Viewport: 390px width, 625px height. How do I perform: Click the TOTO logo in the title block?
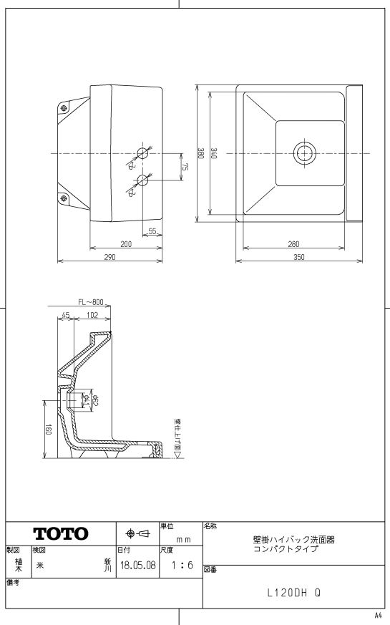[x=61, y=533]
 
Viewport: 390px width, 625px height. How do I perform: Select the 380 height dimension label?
[x=200, y=153]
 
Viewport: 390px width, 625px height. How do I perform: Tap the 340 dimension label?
[x=214, y=153]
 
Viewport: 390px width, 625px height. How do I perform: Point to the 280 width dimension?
[x=293, y=244]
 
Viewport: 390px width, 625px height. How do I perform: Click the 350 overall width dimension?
[x=299, y=257]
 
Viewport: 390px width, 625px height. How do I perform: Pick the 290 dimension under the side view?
[x=109, y=257]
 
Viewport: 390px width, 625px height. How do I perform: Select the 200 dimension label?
[x=126, y=244]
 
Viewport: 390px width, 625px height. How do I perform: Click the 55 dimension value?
[x=152, y=231]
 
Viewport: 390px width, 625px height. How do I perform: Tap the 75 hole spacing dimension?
[x=185, y=167]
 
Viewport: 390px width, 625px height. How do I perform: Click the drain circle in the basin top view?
[x=305, y=152]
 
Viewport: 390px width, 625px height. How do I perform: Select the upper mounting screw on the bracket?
[x=63, y=107]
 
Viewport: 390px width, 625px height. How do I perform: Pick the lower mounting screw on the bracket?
[x=63, y=198]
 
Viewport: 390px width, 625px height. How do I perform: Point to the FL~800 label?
[x=91, y=302]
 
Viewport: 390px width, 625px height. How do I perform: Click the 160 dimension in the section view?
[x=48, y=430]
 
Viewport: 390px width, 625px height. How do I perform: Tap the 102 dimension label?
[x=92, y=315]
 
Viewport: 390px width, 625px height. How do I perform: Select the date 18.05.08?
[x=138, y=565]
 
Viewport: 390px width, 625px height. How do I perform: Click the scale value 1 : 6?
[x=182, y=565]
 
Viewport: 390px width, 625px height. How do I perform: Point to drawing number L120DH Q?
[x=293, y=593]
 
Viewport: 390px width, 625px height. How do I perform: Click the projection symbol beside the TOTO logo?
[x=138, y=533]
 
